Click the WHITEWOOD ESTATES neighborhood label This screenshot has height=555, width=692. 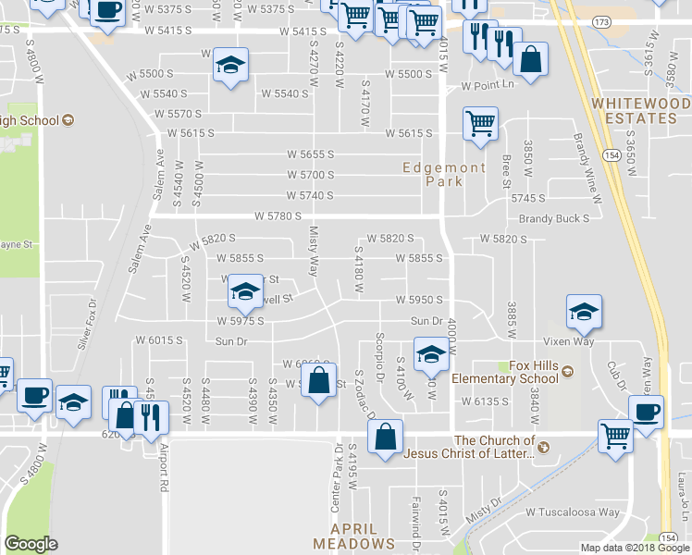coord(641,110)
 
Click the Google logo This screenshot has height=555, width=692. coord(31,543)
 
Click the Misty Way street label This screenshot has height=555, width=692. coord(313,251)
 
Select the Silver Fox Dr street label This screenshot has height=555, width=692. coord(86,323)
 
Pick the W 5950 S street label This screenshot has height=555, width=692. coord(419,301)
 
